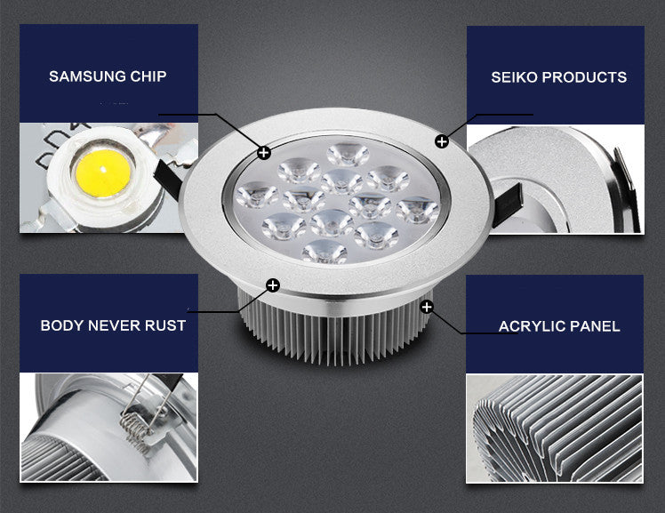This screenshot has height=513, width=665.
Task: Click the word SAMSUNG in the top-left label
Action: (x=85, y=76)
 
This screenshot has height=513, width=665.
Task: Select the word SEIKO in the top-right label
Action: (x=514, y=77)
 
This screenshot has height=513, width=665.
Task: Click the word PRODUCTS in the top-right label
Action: (x=584, y=77)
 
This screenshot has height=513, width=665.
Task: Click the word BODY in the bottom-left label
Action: (x=61, y=325)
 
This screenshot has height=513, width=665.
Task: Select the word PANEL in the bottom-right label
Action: (x=597, y=326)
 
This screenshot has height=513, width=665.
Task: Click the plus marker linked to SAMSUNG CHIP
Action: (x=264, y=153)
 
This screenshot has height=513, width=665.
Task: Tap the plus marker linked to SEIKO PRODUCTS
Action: (x=442, y=141)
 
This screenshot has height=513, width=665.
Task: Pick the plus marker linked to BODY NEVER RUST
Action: (x=272, y=285)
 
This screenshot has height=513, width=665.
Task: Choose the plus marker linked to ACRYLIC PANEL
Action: (x=428, y=307)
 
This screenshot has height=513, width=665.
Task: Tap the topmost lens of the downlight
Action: (x=347, y=155)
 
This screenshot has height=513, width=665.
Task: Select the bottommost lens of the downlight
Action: (x=324, y=252)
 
